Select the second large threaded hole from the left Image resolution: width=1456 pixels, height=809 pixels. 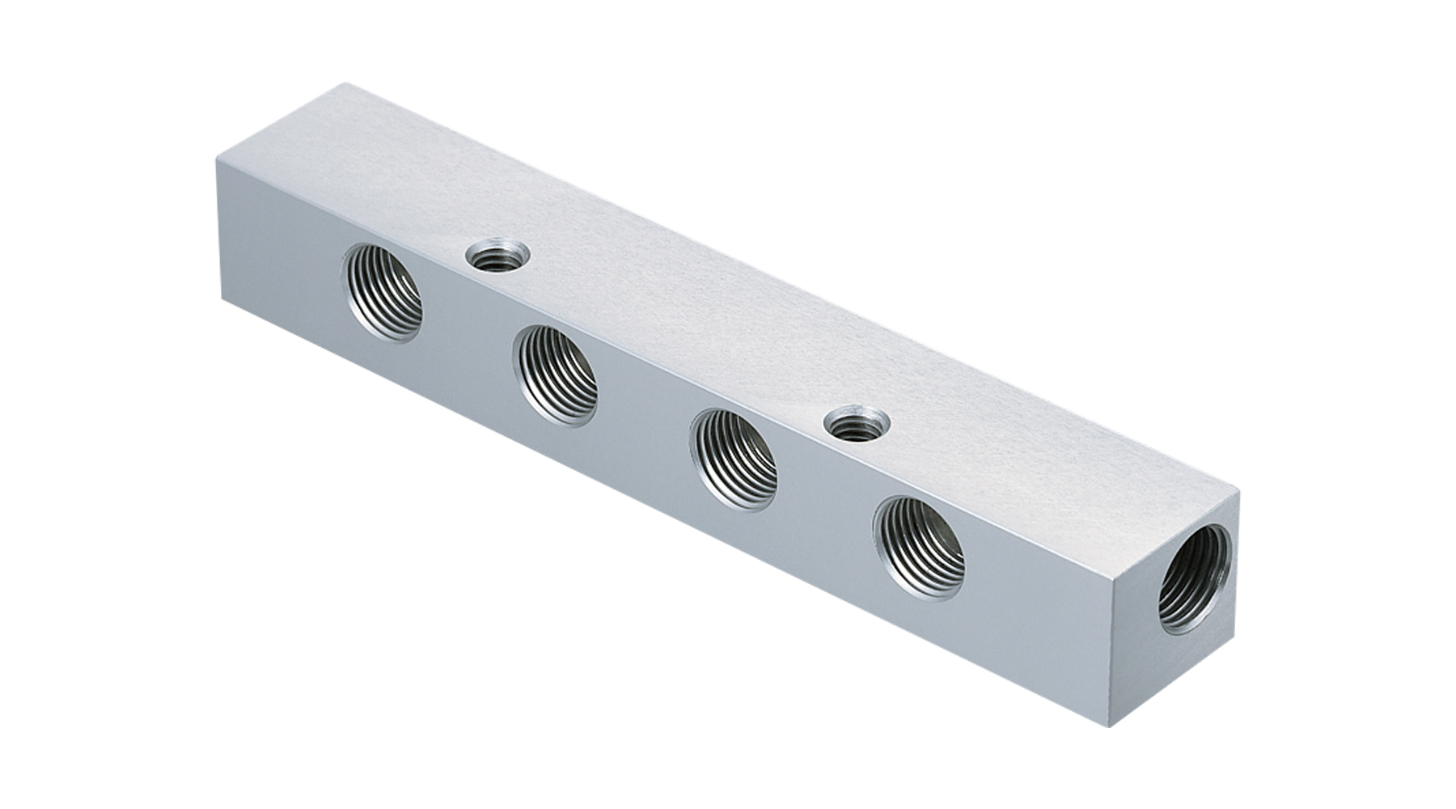557,374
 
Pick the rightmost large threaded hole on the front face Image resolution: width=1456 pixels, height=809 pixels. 920,547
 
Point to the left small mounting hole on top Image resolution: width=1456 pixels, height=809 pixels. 493,260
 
